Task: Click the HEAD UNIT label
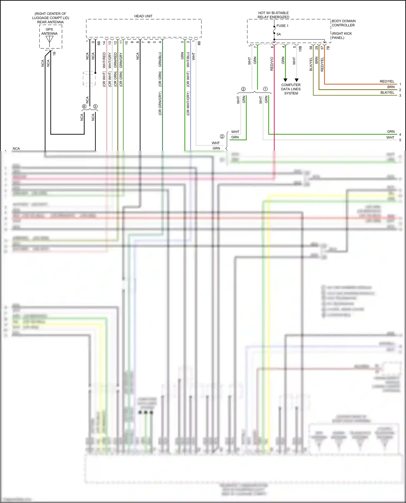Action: tap(143, 16)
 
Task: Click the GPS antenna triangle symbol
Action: tap(50, 39)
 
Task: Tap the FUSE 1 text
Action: tap(282, 26)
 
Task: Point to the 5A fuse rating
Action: tap(279, 34)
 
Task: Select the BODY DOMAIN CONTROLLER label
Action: tap(343, 23)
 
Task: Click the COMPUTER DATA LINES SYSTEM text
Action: tap(291, 89)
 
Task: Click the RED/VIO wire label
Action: tap(272, 64)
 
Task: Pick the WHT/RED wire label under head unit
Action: tap(104, 60)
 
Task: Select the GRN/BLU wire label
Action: tap(160, 59)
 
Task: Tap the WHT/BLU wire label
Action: tap(188, 59)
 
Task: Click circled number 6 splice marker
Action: tap(84, 106)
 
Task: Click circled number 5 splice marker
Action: tap(95, 106)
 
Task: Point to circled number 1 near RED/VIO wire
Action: tap(265, 89)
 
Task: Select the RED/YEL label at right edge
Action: tap(387, 81)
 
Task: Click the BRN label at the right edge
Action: tap(391, 87)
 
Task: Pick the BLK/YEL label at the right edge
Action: tap(387, 92)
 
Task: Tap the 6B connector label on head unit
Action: tap(99, 43)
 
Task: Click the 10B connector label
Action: tap(300, 49)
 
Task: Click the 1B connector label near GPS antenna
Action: tap(54, 54)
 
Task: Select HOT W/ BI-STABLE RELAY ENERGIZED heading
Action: tap(273, 15)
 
